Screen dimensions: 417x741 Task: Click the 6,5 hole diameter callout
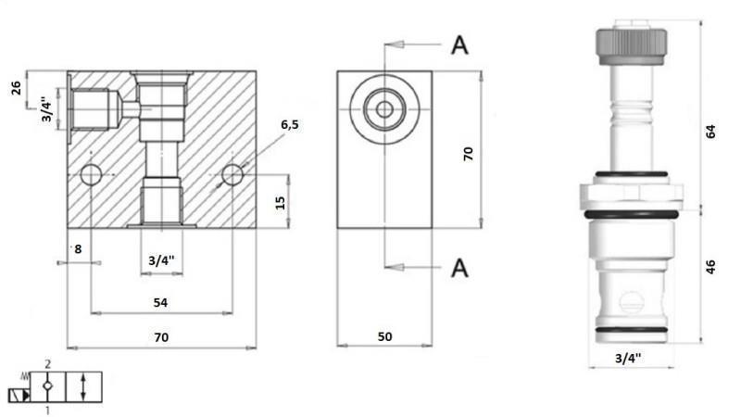290,125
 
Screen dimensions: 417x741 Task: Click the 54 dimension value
159,303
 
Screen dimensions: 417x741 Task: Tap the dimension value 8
78,248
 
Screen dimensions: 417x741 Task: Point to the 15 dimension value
281,202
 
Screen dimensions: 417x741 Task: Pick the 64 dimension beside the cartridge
710,131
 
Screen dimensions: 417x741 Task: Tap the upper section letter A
459,44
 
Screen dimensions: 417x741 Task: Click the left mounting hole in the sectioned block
91,174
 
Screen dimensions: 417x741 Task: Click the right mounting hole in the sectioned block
232,174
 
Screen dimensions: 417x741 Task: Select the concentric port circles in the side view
383,110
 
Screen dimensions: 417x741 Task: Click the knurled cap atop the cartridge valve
632,43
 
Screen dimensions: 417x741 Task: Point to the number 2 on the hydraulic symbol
47,367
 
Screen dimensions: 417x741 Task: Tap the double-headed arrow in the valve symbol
83,387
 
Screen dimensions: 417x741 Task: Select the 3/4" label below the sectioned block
162,261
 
